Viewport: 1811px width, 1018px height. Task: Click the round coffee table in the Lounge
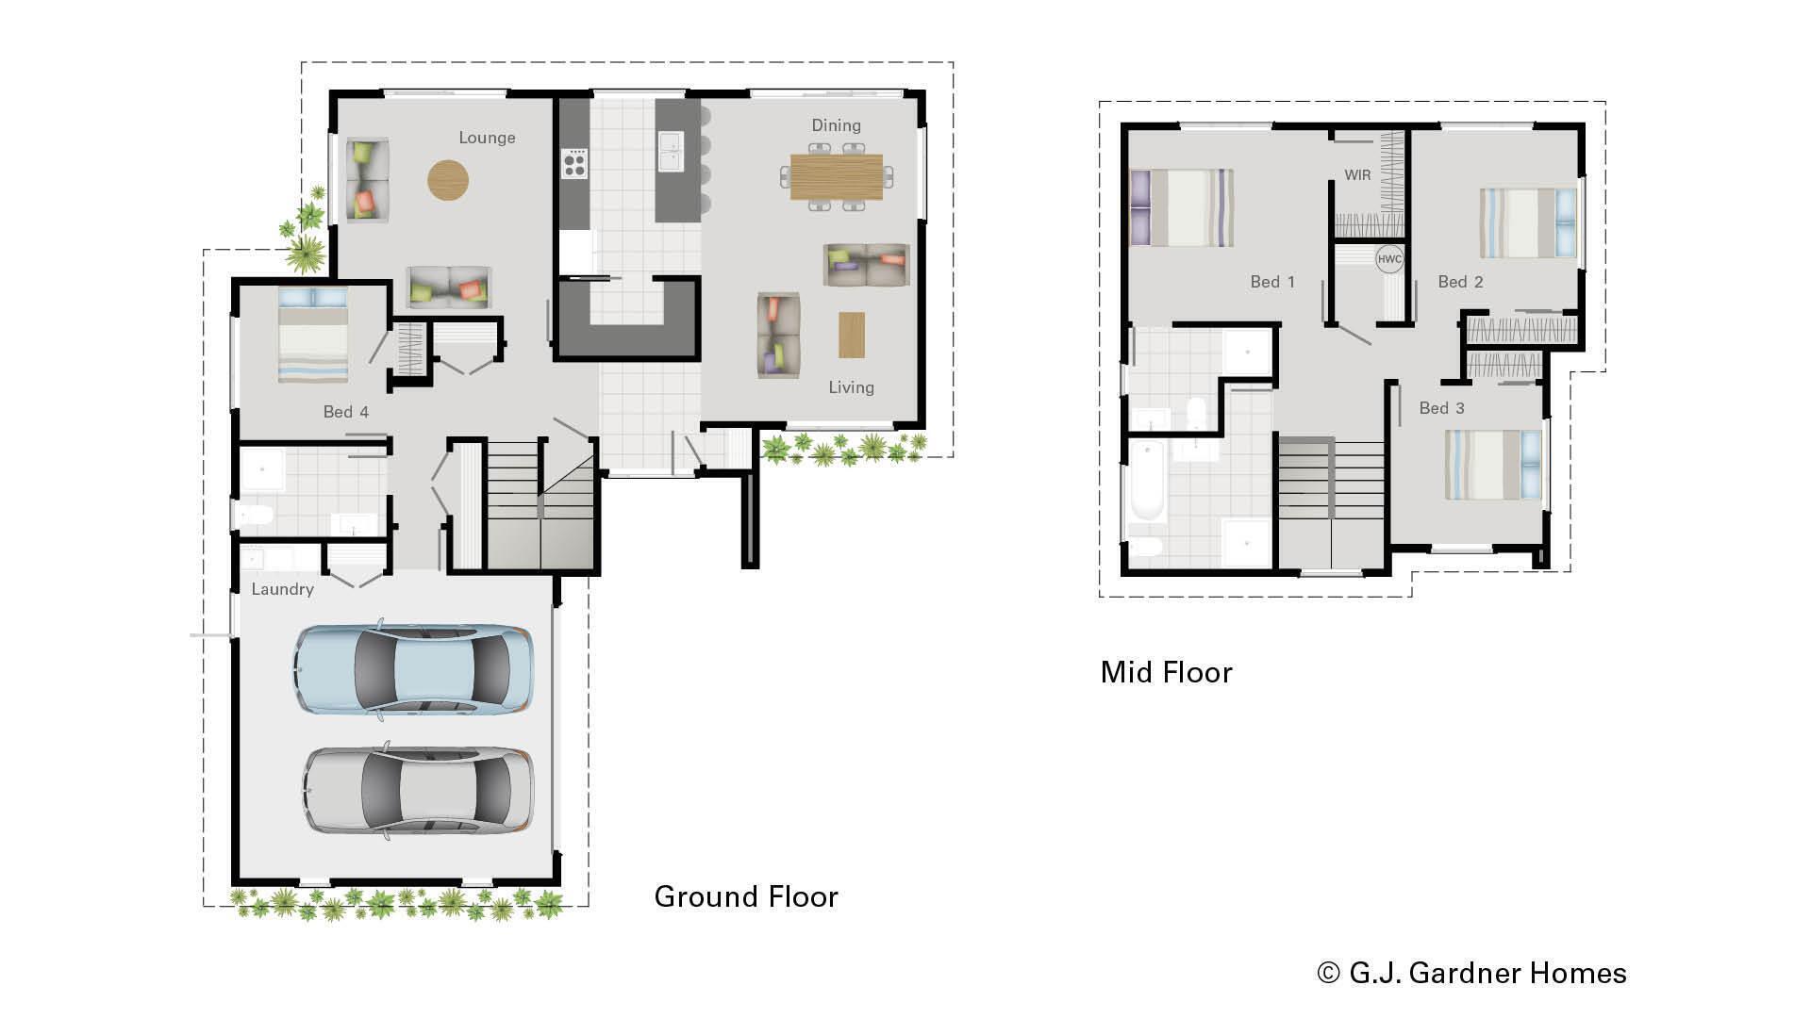447,179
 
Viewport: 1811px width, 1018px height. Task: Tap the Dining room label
836,125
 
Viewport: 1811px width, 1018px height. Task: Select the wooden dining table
837,176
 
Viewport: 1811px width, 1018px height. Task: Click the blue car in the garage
413,668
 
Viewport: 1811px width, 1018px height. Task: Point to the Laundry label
282,589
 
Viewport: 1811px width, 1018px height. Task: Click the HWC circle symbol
1389,259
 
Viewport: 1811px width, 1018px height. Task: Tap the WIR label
1357,175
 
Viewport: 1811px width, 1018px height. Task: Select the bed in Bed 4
313,336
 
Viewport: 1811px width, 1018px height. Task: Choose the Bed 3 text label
1441,408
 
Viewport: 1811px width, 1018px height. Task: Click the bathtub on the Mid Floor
1147,480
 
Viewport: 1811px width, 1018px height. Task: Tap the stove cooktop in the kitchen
574,164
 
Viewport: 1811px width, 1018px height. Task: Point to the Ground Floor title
745,896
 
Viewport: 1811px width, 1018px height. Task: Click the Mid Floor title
1166,672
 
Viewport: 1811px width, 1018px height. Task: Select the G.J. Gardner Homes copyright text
1471,973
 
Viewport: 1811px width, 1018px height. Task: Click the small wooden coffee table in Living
851,335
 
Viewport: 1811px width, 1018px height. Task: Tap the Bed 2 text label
1460,282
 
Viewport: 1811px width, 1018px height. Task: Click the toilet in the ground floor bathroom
254,515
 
